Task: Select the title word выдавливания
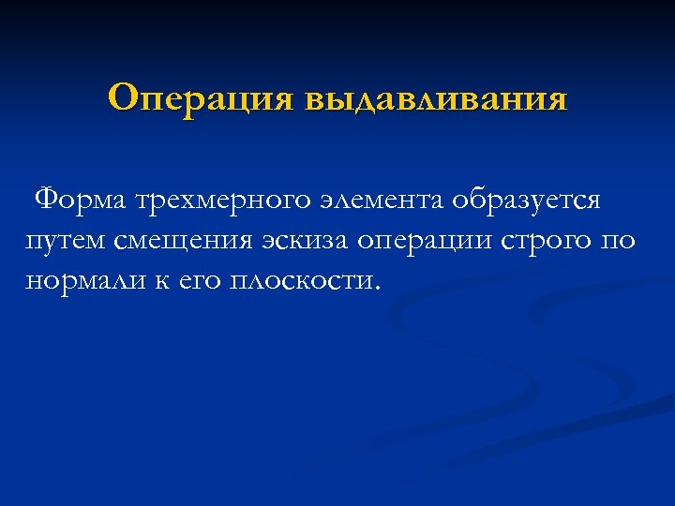tap(435, 98)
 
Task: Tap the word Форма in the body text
tap(81, 200)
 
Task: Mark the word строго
tap(544, 241)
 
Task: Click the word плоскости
tap(298, 281)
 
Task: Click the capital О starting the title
tap(123, 97)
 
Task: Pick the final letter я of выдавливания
tap(557, 99)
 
